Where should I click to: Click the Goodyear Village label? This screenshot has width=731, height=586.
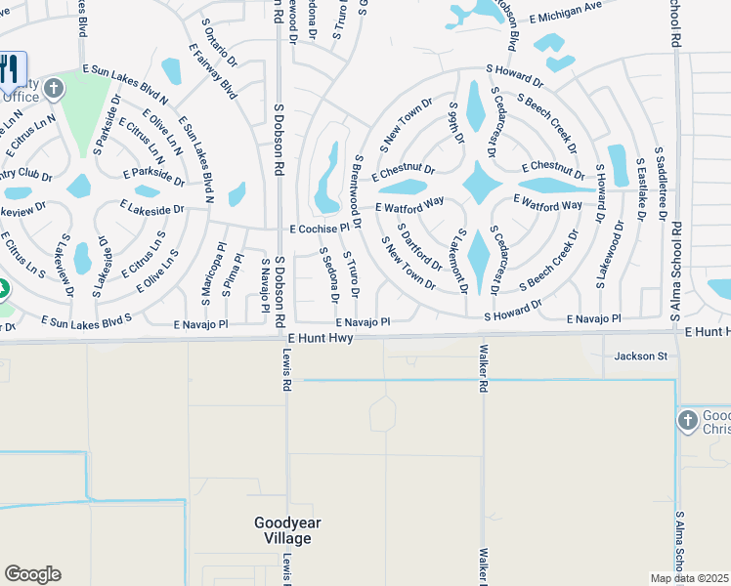pyautogui.click(x=287, y=530)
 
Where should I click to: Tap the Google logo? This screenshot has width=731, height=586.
pyautogui.click(x=32, y=574)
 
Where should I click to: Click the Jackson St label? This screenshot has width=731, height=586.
pyautogui.click(x=640, y=356)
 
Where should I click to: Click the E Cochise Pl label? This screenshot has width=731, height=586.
pyautogui.click(x=319, y=229)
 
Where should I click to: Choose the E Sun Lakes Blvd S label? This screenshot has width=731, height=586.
pyautogui.click(x=86, y=319)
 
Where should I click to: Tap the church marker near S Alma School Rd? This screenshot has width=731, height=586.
pyautogui.click(x=688, y=420)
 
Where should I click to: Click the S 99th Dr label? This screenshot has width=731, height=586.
pyautogui.click(x=456, y=122)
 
